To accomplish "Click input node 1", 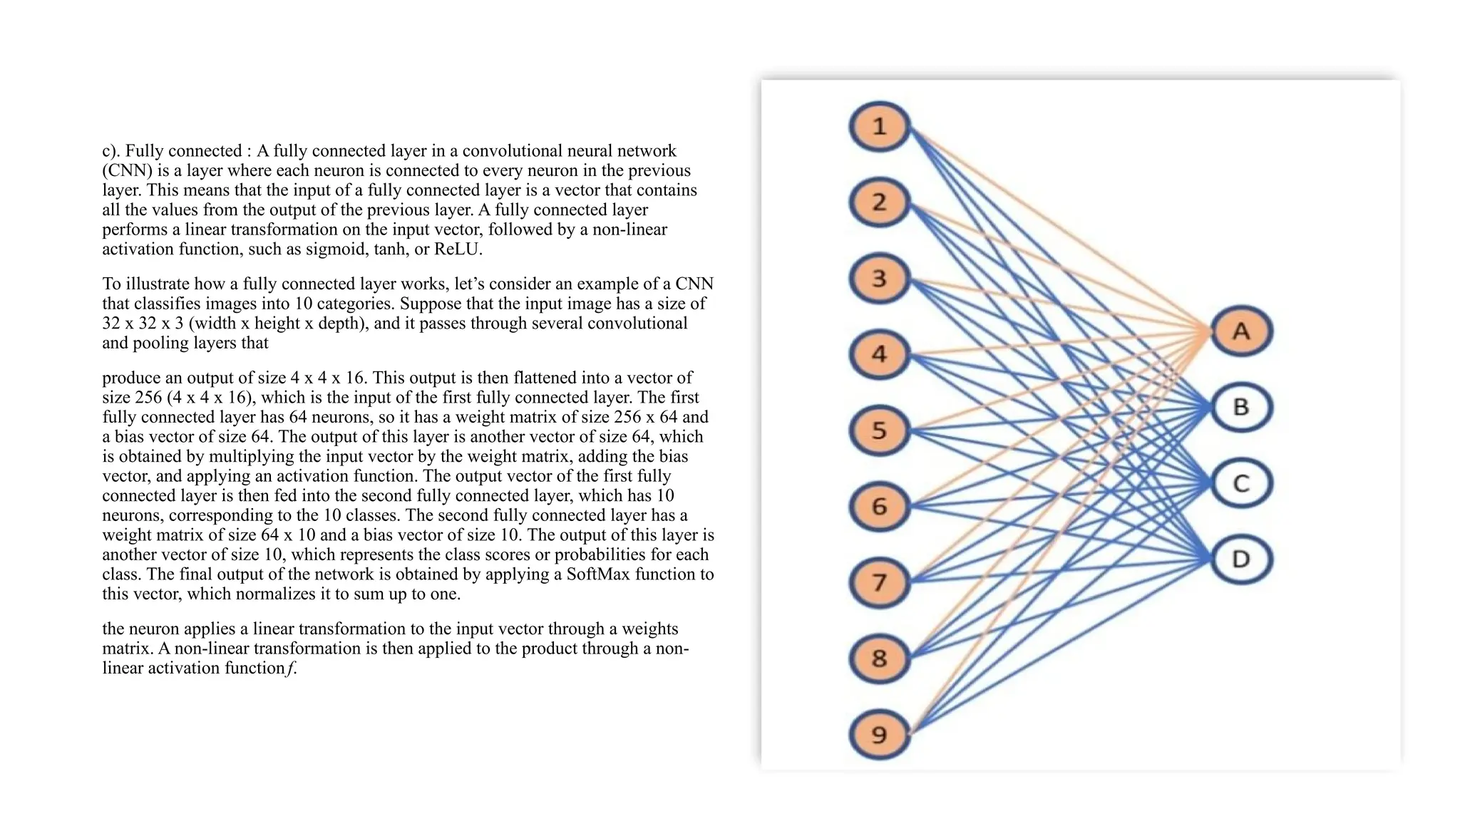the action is point(880,126).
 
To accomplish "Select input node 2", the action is point(880,202).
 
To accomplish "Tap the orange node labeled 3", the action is point(880,278).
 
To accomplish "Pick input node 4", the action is point(880,354).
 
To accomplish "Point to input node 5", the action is point(880,430).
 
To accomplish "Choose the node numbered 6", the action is point(880,507).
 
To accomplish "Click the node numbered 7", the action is point(880,582).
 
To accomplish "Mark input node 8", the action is point(880,659).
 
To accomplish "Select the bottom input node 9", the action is point(880,734).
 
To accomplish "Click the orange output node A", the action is point(1241,331).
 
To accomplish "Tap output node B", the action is point(1241,407).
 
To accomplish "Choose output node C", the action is point(1241,483).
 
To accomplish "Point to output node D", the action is point(1241,559).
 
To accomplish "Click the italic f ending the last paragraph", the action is point(291,668).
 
